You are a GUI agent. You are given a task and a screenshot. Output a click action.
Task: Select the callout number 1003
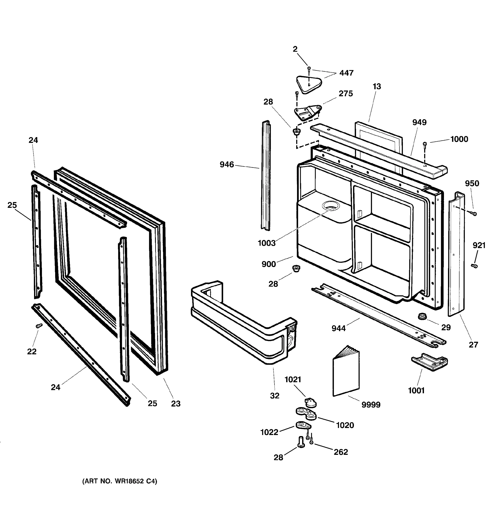coord(267,243)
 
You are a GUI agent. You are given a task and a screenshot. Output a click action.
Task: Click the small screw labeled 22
coord(39,326)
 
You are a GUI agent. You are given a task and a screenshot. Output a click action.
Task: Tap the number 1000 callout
coord(459,139)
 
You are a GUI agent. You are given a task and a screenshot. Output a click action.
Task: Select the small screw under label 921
coord(474,266)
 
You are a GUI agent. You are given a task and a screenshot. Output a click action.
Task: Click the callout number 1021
coord(293,380)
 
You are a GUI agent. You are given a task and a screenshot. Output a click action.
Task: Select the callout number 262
coord(341,452)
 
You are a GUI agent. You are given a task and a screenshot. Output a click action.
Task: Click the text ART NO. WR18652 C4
coord(120,481)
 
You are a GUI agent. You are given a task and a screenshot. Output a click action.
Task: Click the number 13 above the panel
coord(377,87)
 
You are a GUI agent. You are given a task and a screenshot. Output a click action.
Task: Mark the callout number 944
coord(338,328)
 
